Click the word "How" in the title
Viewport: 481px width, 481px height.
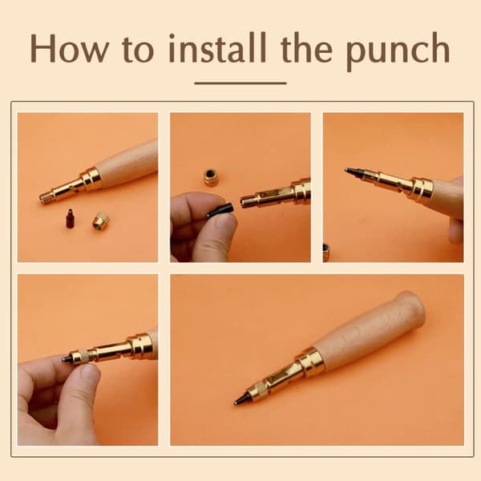click(69, 48)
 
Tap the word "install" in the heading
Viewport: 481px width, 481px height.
click(217, 47)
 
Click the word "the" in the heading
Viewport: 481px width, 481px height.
click(306, 48)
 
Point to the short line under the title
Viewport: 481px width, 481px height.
click(240, 83)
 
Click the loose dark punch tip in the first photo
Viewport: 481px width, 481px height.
click(71, 218)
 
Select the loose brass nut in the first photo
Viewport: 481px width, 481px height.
click(101, 221)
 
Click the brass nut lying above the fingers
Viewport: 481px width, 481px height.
click(211, 177)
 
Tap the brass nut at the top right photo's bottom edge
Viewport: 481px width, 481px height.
click(326, 253)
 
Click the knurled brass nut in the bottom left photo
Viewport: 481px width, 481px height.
click(81, 357)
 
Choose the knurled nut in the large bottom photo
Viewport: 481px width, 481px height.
click(258, 390)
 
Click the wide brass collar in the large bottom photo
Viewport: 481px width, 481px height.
click(310, 362)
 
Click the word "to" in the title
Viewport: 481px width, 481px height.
click(138, 50)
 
